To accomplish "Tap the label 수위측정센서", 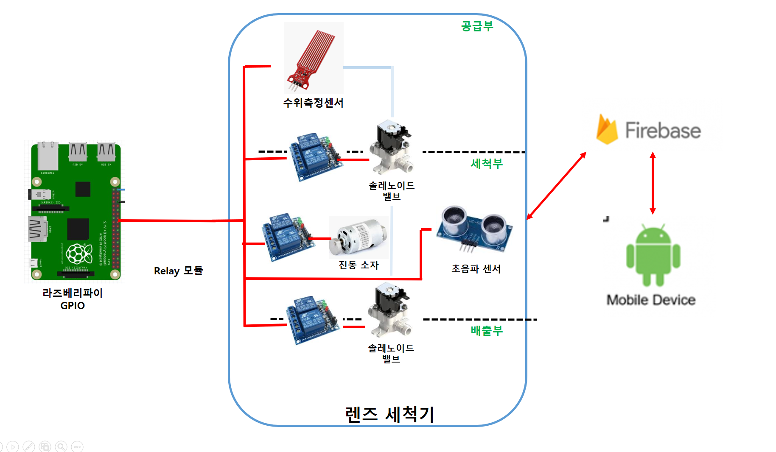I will point(313,103).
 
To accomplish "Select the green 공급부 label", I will point(477,26).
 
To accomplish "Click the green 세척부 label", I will point(487,164).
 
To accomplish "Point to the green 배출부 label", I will point(487,331).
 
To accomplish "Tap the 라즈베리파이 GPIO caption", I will point(73,299).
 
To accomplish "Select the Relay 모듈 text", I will point(178,271).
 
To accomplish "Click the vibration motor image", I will point(359,237).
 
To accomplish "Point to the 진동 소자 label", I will point(359,265).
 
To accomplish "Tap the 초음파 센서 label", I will point(476,269).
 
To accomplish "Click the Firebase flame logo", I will point(607,129).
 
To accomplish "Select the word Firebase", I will point(663,131).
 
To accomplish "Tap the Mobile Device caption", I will point(651,300).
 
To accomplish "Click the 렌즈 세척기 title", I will point(389,414).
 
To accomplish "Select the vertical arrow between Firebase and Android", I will point(653,183).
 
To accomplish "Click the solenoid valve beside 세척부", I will point(391,148).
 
